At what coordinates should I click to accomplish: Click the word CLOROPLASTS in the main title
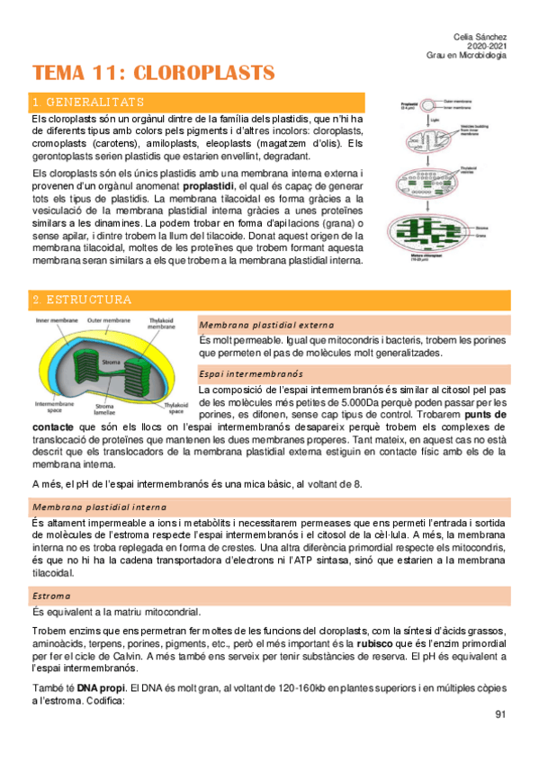(210, 73)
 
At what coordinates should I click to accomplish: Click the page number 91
(501, 714)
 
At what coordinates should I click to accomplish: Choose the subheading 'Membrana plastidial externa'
(266, 325)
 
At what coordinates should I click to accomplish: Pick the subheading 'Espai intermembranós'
(251, 373)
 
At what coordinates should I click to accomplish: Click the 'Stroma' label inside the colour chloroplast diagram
(112, 363)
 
